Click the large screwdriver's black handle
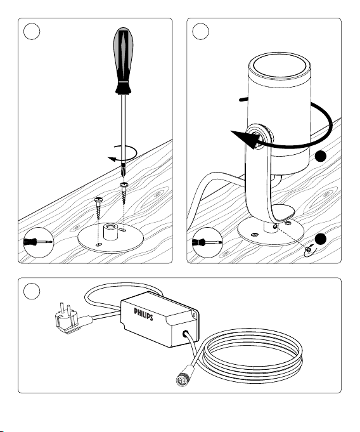(x=123, y=61)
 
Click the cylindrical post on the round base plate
(x=110, y=232)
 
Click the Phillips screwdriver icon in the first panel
(x=39, y=242)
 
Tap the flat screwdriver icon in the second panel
(x=207, y=242)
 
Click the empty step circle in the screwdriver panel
(x=32, y=32)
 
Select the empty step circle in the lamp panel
(x=200, y=32)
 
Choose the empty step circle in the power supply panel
(x=32, y=291)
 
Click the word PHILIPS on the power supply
(x=143, y=315)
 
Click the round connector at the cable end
(x=183, y=379)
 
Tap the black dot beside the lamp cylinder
(x=320, y=156)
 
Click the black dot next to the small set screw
(x=320, y=239)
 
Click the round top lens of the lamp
(x=280, y=67)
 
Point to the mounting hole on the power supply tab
(x=195, y=315)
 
